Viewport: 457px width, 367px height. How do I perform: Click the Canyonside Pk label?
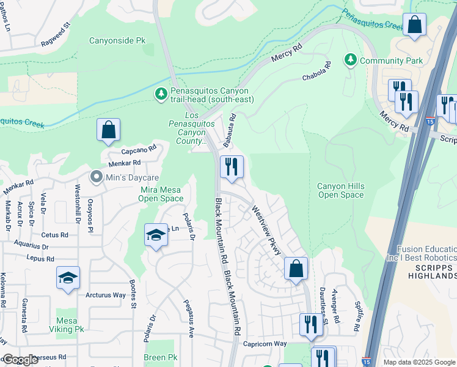click(x=117, y=41)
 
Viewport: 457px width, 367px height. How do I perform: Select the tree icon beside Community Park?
click(x=351, y=60)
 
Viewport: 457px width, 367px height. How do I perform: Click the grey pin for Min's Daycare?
click(x=96, y=177)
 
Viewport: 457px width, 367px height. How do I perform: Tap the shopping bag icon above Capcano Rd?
click(x=108, y=130)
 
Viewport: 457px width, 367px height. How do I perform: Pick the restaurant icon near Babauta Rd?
click(x=232, y=166)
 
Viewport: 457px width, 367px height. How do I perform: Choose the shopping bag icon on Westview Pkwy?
click(x=296, y=268)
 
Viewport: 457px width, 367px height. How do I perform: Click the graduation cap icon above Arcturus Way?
click(x=68, y=277)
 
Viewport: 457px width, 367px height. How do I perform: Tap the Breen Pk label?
click(x=160, y=357)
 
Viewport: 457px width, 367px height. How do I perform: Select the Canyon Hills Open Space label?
click(x=341, y=190)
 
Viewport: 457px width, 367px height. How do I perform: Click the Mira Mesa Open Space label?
click(x=161, y=194)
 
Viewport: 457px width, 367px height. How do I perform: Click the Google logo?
click(x=20, y=360)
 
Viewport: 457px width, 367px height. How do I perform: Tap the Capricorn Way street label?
click(x=265, y=344)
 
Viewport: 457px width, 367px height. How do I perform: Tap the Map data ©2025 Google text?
click(x=419, y=362)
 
